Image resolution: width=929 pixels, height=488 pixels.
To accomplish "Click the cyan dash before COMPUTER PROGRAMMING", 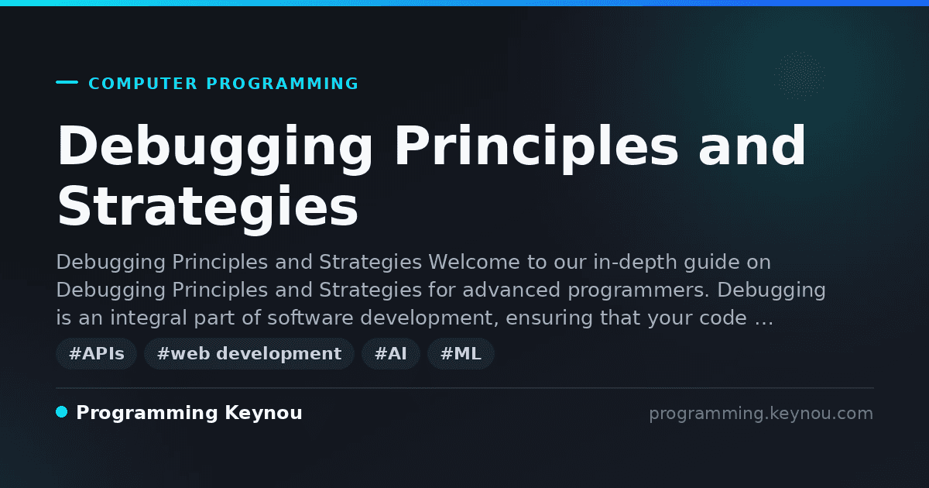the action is coord(67,82).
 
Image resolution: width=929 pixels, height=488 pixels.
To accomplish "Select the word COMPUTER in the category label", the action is coord(143,84).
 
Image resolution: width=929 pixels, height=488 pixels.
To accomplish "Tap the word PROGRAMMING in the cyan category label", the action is coord(283,84).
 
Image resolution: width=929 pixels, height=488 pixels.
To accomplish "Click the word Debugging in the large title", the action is coord(215,148).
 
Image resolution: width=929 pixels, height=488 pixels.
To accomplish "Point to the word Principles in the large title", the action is coord(536,148).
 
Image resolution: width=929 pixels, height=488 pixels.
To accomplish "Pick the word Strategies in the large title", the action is coord(207,206).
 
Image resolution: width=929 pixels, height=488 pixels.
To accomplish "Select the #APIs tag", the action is coord(96,353).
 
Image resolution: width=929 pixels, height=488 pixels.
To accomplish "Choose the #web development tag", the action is coord(249,353).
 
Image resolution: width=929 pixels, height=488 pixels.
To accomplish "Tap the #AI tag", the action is coord(391,353).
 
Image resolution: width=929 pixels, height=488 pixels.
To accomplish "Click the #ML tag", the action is coord(461,353).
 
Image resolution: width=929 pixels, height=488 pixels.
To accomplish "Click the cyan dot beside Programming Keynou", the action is coord(61,412).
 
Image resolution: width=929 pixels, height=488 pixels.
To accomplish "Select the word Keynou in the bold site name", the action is coord(263,414).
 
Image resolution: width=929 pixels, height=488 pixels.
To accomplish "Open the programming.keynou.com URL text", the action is coord(761,414).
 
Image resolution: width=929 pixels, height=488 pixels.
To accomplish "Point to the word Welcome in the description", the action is coord(474,263).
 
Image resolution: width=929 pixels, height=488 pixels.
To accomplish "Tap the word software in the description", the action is coord(310,318).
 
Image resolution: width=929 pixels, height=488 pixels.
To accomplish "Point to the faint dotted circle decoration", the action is coord(799,76).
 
